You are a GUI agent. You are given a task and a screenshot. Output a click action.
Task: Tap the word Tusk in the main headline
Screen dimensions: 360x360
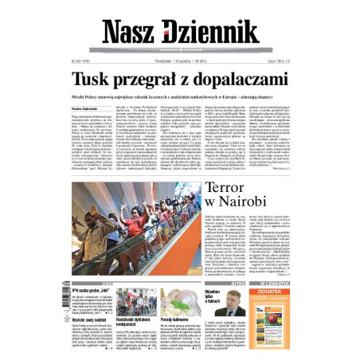[94, 80]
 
